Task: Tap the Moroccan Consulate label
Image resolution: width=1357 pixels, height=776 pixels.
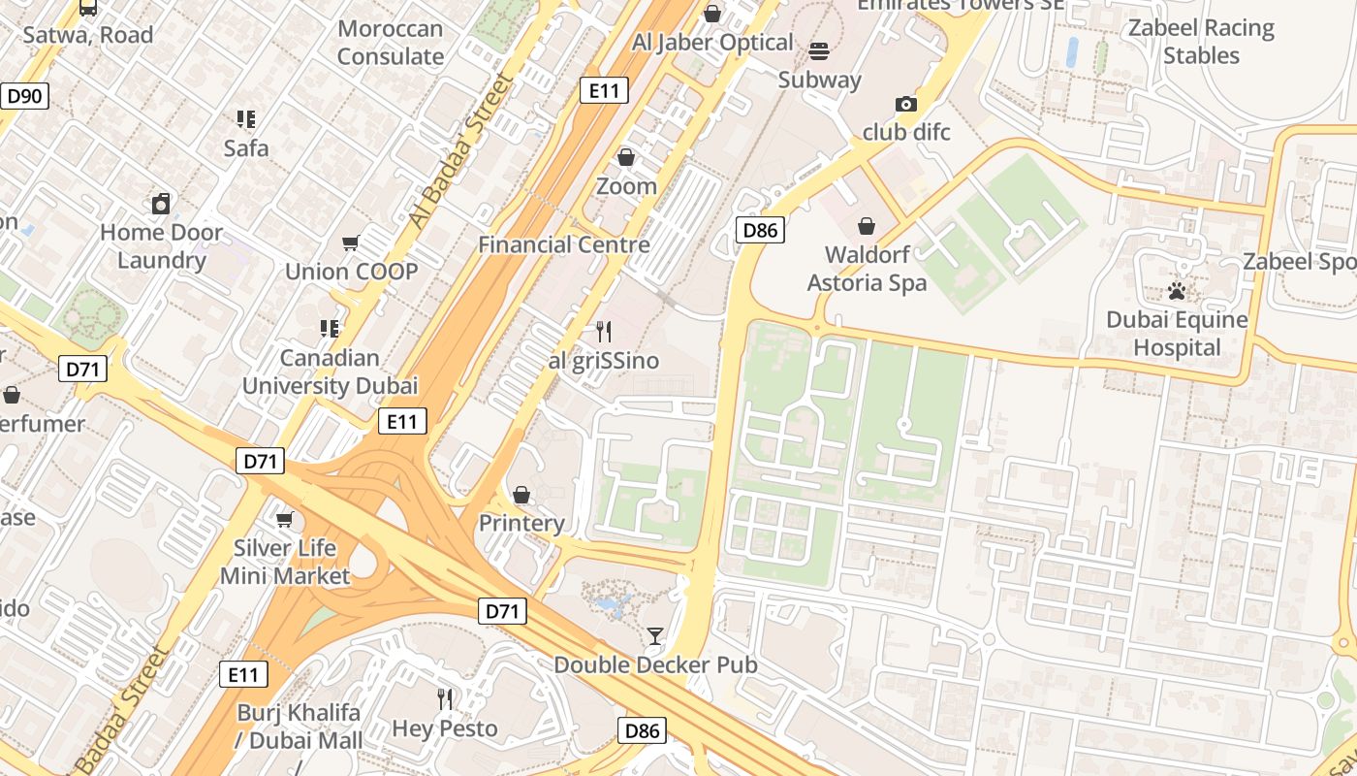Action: point(391,43)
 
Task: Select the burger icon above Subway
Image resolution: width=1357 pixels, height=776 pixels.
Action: point(819,51)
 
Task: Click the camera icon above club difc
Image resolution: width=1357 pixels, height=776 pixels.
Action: point(905,104)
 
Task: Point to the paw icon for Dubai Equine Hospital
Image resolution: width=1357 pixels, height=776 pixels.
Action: point(1177,291)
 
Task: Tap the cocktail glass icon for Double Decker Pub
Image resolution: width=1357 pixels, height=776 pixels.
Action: point(655,636)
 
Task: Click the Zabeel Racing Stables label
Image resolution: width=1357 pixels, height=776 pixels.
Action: point(1201,42)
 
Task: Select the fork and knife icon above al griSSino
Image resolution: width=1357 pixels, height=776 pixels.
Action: point(604,332)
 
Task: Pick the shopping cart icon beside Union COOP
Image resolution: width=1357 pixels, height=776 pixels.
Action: point(351,242)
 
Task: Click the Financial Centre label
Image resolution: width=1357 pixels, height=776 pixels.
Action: point(563,244)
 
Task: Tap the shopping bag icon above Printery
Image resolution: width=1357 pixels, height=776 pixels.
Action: point(521,495)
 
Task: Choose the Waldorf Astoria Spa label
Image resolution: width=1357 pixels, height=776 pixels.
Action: point(875,269)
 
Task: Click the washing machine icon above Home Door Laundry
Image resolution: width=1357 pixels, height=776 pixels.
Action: point(161,204)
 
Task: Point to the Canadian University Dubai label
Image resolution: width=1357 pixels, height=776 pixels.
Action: point(330,372)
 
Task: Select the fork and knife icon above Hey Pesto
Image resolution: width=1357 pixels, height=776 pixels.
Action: point(445,698)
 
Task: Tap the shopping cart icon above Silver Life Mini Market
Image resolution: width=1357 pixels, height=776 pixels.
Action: point(284,520)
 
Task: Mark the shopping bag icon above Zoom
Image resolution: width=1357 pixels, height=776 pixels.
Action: point(626,157)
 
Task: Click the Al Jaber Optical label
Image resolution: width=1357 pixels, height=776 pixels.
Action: point(712,43)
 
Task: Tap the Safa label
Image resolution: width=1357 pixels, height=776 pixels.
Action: point(246,148)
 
